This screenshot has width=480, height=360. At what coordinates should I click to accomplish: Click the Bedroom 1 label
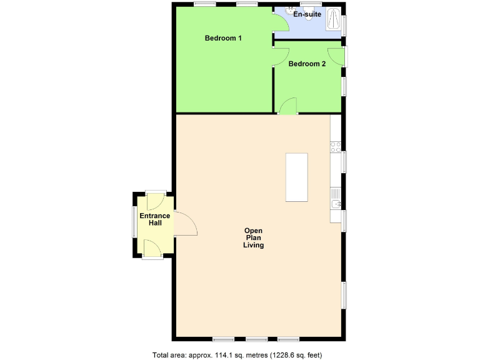[223, 39]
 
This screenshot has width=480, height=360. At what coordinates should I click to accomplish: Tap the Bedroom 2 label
[307, 64]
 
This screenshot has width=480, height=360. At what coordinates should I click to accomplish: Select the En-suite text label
[307, 13]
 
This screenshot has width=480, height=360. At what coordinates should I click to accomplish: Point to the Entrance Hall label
[154, 220]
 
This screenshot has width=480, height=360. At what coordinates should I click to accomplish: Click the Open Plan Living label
[253, 237]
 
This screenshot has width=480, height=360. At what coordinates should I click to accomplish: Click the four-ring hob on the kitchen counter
[336, 147]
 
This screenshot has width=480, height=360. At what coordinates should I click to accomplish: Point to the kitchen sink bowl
[336, 204]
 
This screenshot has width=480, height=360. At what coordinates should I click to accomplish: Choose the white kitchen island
[297, 177]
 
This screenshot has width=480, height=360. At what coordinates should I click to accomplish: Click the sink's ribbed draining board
[336, 192]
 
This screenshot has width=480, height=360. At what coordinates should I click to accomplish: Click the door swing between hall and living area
[186, 223]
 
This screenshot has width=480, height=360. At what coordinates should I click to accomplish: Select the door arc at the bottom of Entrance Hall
[152, 248]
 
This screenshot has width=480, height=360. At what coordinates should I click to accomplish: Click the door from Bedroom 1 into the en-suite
[280, 23]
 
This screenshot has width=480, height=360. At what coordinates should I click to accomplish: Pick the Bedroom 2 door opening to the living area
[287, 107]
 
